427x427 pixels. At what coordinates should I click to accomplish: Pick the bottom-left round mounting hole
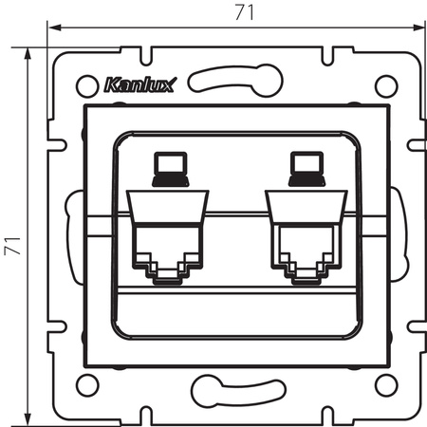[x=84, y=385]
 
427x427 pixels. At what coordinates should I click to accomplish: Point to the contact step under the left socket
[x=166, y=276]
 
